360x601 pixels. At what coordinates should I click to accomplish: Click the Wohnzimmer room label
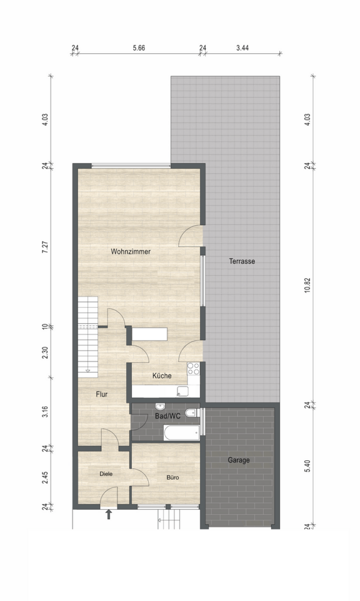tap(130, 252)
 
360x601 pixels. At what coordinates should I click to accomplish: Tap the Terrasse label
tap(242, 262)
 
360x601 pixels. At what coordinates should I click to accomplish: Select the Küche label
tap(162, 376)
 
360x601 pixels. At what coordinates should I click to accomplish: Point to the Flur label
tap(102, 395)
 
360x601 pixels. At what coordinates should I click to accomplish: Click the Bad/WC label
tap(167, 416)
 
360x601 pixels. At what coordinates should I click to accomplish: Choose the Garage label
tap(239, 460)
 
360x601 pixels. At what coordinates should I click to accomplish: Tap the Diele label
tap(106, 474)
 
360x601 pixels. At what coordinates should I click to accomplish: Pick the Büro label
tap(172, 477)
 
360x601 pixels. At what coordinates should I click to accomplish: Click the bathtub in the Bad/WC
tap(181, 433)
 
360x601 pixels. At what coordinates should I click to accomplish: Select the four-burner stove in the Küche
tap(193, 369)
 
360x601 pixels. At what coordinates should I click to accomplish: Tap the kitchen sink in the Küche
tap(183, 391)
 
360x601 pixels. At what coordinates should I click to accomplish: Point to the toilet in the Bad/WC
tap(191, 413)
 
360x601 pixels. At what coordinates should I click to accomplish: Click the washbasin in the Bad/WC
tap(160, 407)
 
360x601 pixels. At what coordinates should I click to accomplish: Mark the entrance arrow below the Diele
tap(109, 514)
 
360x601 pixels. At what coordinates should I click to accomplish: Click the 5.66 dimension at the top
tap(139, 48)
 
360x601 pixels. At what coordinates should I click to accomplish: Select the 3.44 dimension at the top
tap(243, 48)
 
